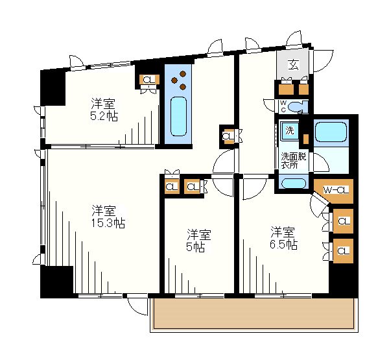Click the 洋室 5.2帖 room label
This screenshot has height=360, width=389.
(104, 110)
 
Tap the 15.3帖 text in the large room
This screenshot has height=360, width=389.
(108, 223)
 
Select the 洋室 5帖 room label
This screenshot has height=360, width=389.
(199, 241)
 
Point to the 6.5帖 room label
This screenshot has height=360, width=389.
(283, 245)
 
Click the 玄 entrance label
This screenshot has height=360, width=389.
(294, 65)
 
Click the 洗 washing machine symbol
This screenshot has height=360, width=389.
(290, 130)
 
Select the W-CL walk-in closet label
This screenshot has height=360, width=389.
(336, 190)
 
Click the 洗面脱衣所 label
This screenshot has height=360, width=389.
(294, 160)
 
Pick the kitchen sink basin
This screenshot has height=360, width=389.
(179, 116)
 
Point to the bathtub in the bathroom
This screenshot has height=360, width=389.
(331, 132)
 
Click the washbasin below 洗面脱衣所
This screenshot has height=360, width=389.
(294, 184)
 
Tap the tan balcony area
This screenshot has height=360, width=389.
(253, 313)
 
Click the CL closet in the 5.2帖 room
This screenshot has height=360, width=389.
(149, 80)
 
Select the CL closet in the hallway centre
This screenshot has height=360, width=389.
(228, 136)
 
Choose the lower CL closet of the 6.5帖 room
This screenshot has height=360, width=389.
(343, 251)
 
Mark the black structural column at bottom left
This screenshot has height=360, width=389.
(57, 282)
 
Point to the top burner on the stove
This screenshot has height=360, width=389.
(183, 74)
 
